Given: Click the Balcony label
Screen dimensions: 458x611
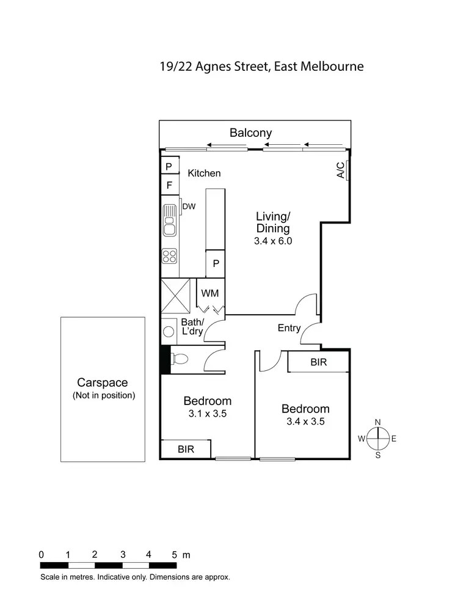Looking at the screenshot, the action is click(x=250, y=133).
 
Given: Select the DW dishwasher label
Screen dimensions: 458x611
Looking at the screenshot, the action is click(x=189, y=207).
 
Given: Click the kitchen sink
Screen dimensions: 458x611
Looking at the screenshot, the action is click(x=170, y=221).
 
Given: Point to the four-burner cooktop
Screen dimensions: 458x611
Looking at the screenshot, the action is click(x=169, y=257).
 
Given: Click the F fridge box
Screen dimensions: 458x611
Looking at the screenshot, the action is click(x=169, y=184).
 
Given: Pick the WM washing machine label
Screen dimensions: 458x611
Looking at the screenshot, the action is click(x=209, y=293).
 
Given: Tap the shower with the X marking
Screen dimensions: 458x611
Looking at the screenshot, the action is click(x=176, y=297).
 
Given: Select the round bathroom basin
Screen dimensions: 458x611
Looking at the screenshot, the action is click(x=169, y=332).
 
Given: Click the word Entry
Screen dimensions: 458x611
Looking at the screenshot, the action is click(x=289, y=328).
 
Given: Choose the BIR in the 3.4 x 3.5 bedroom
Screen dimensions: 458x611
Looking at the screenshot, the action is click(x=318, y=362).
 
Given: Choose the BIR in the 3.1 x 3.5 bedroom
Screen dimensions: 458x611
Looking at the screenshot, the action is click(x=186, y=449).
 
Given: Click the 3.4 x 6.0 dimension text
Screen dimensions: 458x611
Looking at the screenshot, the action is click(x=273, y=241).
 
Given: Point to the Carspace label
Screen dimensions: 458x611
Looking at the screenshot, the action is click(x=102, y=383).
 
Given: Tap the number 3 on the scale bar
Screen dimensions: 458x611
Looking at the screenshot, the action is click(x=123, y=555).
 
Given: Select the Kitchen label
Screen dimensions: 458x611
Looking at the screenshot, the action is click(x=204, y=174).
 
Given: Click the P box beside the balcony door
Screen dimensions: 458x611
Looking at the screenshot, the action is click(x=169, y=166).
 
